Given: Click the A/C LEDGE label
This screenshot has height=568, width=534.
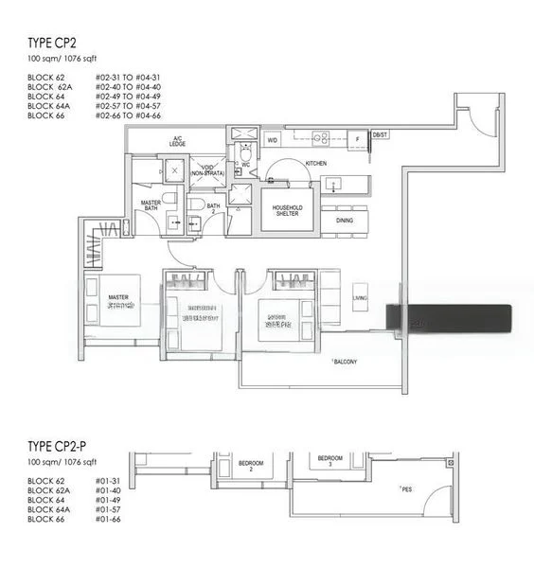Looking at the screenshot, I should point(177,142).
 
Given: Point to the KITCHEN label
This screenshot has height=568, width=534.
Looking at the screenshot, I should point(316,164).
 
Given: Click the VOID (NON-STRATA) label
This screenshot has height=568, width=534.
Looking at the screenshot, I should point(207,170).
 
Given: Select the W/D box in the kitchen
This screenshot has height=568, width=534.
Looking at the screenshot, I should point(274,139).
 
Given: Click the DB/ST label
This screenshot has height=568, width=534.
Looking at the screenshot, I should point(381,135).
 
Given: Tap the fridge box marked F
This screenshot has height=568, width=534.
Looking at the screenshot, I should point(357,139).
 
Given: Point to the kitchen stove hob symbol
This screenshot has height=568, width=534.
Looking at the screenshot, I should point(320,138).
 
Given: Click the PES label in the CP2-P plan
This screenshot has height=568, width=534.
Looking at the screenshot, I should point(406,489).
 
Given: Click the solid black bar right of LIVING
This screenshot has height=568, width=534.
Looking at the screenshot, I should point(449,316).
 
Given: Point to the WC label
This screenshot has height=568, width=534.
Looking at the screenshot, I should point(246,163).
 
